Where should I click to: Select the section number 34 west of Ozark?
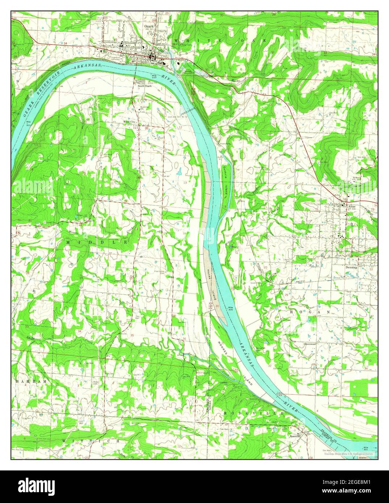click(x=66, y=43)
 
